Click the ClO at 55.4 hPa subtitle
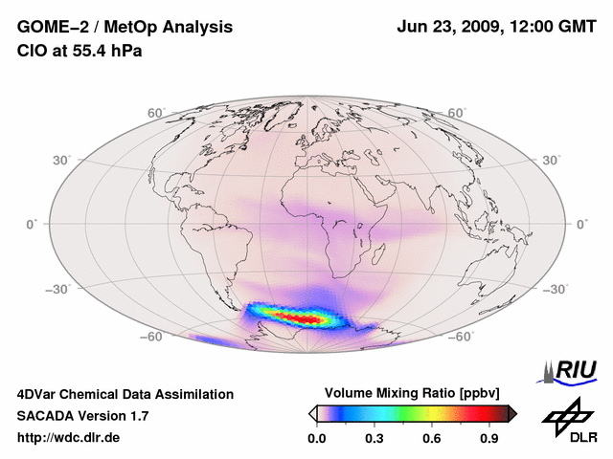coord(79,51)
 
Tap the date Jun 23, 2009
coord(447,27)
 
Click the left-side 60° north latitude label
coord(155,113)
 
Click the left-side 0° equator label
coord(32,224)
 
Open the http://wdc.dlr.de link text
coord(69,438)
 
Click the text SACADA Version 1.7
coord(82,416)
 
